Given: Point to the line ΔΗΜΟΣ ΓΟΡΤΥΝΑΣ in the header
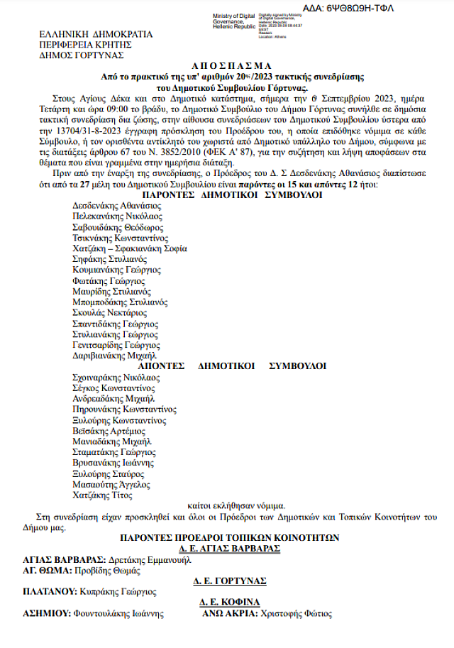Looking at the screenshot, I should (x=82, y=55).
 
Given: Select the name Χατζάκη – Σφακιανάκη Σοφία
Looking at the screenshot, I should (x=130, y=248).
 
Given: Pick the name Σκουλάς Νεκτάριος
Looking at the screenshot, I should (x=109, y=312).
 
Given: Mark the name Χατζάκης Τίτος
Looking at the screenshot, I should (x=102, y=495).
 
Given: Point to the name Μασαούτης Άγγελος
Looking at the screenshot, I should (x=111, y=484).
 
